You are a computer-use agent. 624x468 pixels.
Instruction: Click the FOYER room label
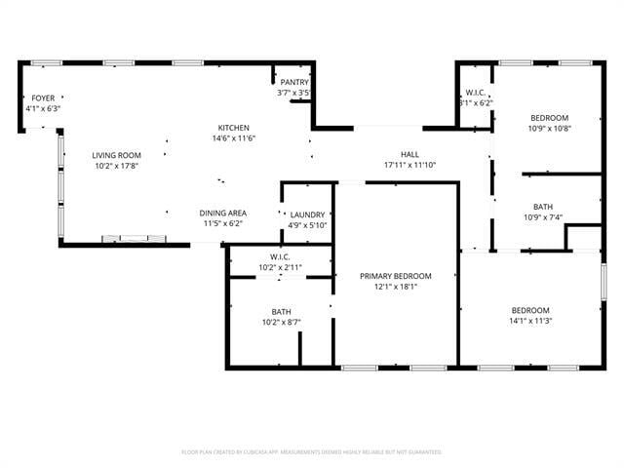(x=43, y=98)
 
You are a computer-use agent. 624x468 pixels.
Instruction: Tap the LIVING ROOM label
(x=117, y=155)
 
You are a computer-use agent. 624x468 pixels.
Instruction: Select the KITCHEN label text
(x=234, y=128)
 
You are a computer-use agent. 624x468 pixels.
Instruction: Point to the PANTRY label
(x=293, y=83)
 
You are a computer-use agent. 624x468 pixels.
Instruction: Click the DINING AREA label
(x=223, y=213)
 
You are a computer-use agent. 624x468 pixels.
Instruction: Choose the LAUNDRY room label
(x=307, y=214)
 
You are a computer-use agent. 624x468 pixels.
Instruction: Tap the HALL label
(x=409, y=154)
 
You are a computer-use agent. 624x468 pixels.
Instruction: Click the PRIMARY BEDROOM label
(x=395, y=276)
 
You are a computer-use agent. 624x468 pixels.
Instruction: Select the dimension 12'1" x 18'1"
(x=395, y=287)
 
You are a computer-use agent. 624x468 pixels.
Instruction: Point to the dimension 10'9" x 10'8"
(x=549, y=128)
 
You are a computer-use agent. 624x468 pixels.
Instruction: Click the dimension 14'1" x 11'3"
(x=530, y=321)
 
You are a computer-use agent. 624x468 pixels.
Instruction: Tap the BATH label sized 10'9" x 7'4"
(x=543, y=207)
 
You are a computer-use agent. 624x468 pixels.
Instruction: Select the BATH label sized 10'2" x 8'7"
(x=281, y=311)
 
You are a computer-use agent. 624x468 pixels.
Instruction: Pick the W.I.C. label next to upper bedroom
(x=475, y=93)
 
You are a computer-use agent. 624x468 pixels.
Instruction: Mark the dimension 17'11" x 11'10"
(x=409, y=165)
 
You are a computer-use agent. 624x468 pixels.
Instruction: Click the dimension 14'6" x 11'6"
(x=234, y=138)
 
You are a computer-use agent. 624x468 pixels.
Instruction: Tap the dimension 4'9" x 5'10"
(x=307, y=224)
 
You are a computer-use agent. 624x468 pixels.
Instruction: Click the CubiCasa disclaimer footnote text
(x=312, y=451)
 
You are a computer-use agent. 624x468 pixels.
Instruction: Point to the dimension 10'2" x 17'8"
(x=117, y=166)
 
